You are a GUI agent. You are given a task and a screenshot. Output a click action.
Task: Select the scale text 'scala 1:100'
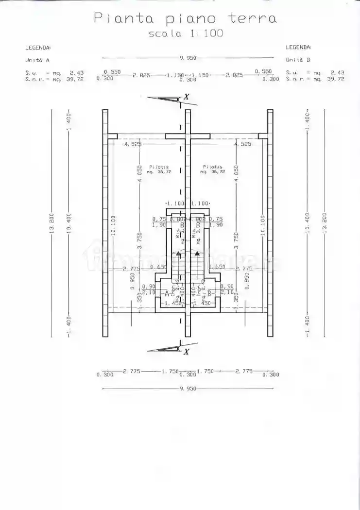(x=185, y=34)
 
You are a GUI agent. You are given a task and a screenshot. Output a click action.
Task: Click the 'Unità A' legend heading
(x=37, y=60)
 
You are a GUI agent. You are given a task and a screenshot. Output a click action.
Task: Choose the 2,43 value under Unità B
(x=336, y=72)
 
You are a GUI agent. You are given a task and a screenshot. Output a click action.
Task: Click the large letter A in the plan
(x=167, y=293)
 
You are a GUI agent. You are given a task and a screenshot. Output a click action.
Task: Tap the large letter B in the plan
(x=209, y=293)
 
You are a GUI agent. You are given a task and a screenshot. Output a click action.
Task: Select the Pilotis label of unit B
(x=213, y=167)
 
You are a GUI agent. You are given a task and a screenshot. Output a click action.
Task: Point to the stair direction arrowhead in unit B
(x=197, y=253)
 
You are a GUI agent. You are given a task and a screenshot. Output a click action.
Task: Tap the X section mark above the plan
(x=187, y=97)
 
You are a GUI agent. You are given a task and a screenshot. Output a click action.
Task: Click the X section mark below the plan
(x=187, y=352)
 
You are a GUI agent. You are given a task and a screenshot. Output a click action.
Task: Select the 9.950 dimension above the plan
(x=188, y=58)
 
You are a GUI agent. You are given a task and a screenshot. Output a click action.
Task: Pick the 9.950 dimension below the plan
(x=188, y=389)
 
